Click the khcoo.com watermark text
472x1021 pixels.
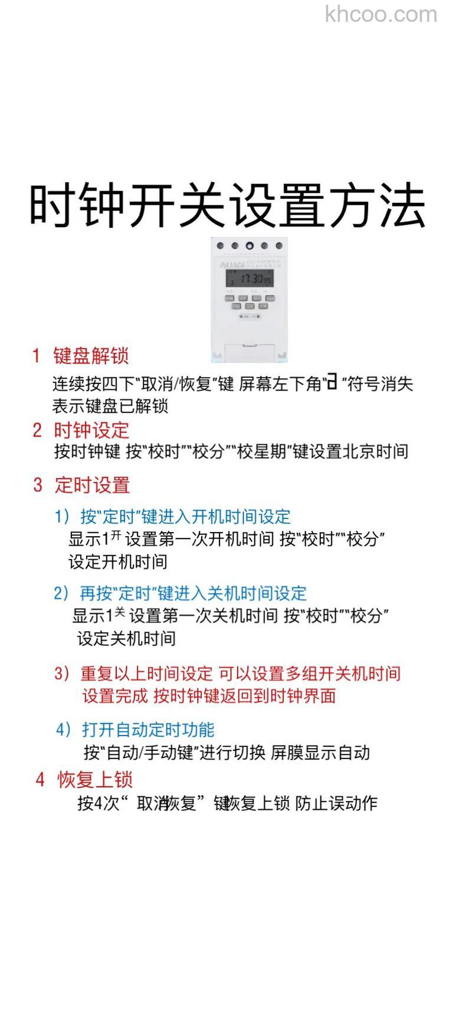tap(381, 14)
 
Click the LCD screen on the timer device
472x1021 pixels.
tap(249, 278)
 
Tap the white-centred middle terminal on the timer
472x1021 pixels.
tap(250, 246)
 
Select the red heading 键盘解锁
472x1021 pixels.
tap(91, 356)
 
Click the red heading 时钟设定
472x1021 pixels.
tap(91, 430)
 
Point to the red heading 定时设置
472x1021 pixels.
tap(92, 485)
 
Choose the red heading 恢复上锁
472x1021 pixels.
tap(95, 780)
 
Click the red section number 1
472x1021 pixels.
tap(37, 356)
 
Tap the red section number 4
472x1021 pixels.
tap(40, 780)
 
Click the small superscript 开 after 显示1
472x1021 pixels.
tap(116, 536)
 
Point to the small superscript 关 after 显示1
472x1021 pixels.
tap(120, 613)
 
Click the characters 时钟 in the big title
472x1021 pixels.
tap(77, 205)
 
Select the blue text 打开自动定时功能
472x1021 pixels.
tap(148, 730)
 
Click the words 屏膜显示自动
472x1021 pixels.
tap(320, 753)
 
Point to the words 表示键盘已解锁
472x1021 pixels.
tap(110, 406)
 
